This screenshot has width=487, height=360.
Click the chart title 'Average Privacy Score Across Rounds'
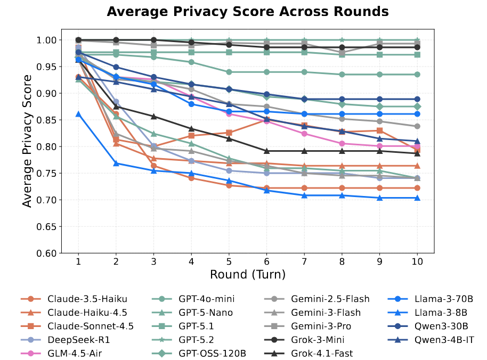tap(248, 12)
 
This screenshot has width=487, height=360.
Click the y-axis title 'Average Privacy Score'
tap(28, 141)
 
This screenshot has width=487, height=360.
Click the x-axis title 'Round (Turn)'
tap(247, 274)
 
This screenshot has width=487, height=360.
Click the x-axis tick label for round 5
tap(229, 261)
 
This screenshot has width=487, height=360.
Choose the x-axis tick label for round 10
tap(417, 261)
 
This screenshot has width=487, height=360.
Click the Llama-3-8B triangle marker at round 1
tap(78, 114)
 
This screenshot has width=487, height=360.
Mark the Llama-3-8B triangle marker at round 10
tap(417, 198)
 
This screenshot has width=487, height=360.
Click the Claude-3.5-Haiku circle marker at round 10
tap(417, 188)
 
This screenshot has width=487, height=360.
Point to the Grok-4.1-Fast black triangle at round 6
tap(266, 151)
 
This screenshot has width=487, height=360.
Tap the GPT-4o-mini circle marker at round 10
tap(417, 74)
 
